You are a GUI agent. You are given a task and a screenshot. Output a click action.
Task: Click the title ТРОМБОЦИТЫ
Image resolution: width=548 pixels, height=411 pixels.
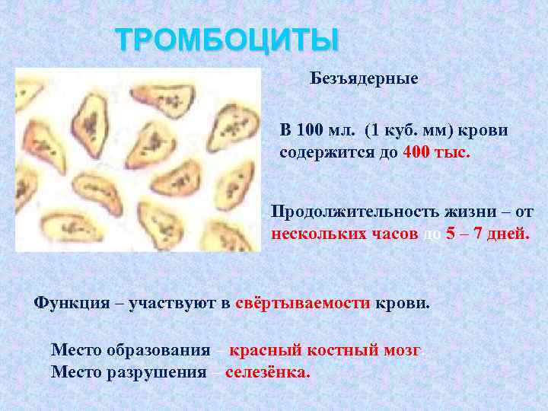(226, 40)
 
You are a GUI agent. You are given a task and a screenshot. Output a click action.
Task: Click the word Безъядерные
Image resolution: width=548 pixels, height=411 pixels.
(364, 79)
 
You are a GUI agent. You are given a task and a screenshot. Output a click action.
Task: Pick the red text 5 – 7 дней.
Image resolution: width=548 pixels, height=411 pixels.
(487, 234)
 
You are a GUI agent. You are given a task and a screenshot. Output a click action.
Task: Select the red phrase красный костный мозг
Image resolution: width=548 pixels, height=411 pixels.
(326, 350)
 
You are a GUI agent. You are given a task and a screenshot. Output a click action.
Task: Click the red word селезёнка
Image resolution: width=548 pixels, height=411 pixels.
(269, 372)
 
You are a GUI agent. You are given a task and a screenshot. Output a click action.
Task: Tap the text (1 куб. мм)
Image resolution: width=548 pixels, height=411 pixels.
(405, 129)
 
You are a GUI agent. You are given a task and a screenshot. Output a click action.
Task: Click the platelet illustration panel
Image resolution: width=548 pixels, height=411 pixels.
(138, 159)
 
